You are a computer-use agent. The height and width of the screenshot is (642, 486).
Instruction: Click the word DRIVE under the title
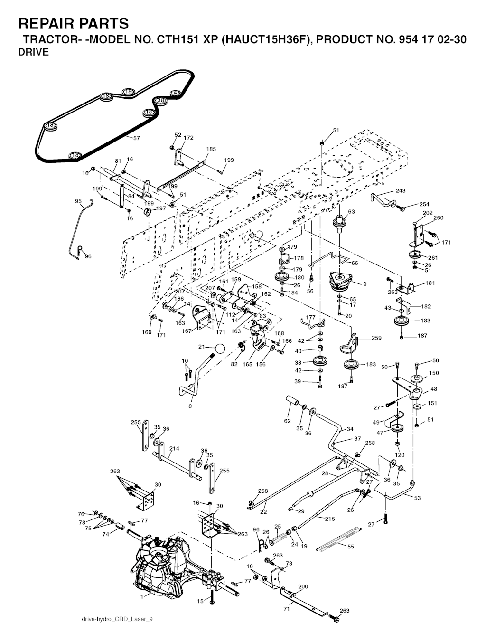point(33,53)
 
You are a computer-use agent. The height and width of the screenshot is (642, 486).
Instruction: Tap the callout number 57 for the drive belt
point(137,138)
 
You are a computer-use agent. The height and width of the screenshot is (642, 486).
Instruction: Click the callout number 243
point(401,191)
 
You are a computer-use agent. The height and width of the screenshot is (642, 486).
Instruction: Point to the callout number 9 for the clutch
point(364,284)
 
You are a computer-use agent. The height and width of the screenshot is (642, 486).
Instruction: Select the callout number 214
point(174,449)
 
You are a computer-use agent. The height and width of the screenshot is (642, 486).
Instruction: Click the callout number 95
point(78,201)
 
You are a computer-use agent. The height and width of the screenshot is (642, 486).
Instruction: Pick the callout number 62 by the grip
point(287,420)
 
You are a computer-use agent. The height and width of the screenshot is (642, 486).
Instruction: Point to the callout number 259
point(376,339)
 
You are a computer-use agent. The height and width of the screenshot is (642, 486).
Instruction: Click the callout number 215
point(329,519)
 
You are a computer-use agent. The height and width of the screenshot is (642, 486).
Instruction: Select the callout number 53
point(417,498)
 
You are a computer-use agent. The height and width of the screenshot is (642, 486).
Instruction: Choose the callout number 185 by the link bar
point(211,149)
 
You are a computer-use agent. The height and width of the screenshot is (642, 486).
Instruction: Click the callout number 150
point(434,373)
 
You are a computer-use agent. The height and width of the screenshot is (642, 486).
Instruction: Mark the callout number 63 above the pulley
point(351,212)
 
